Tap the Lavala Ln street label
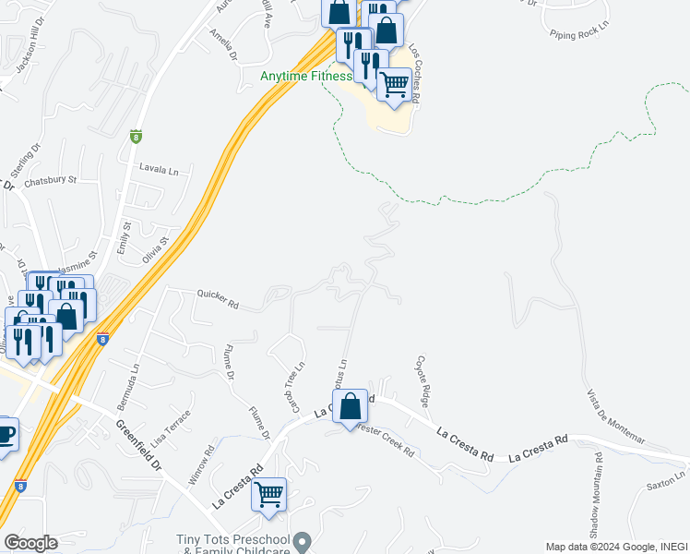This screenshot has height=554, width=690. (x=159, y=170)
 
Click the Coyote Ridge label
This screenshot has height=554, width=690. (x=423, y=381)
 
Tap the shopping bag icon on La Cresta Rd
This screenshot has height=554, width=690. (x=351, y=405)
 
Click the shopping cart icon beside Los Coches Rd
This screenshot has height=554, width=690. (x=394, y=84)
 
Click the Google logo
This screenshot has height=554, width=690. (x=30, y=543)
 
